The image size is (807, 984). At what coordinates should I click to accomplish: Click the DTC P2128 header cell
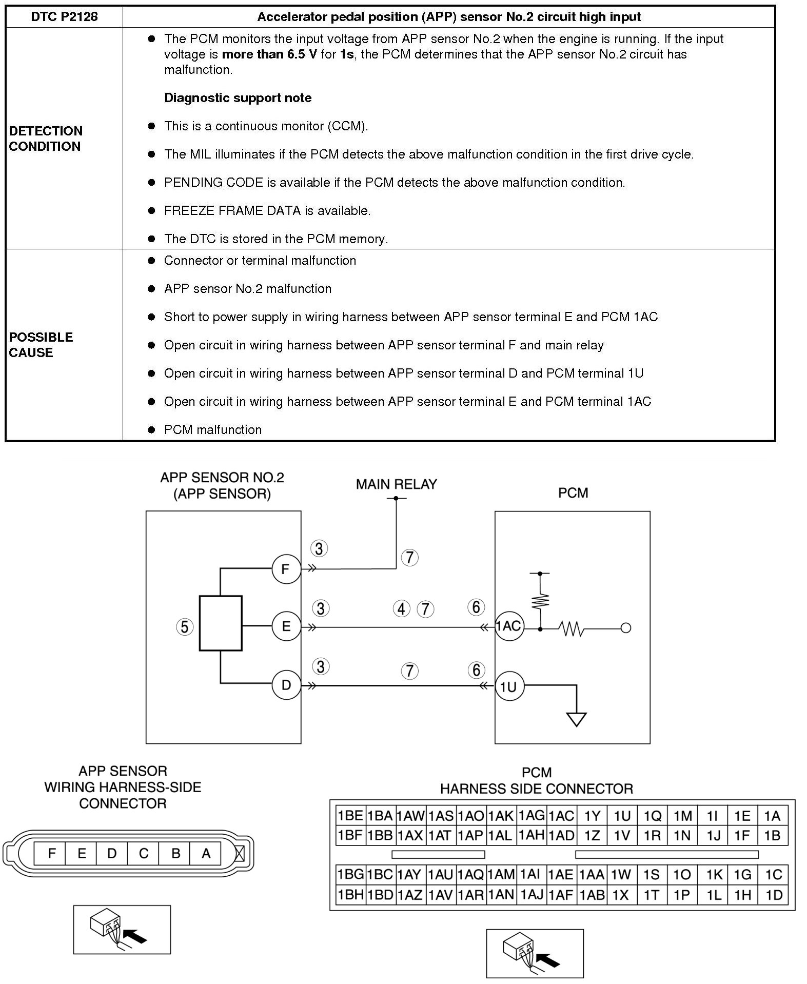click(64, 17)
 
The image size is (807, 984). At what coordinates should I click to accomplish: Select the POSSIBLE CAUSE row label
click(41, 345)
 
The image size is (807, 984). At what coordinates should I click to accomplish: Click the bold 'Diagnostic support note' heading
click(238, 98)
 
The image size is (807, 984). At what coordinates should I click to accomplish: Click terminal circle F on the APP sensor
click(286, 568)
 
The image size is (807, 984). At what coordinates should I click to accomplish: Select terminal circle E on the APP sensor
click(286, 626)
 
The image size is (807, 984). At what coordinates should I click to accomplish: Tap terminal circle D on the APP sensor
click(286, 685)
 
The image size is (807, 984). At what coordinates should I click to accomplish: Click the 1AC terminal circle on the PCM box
click(509, 626)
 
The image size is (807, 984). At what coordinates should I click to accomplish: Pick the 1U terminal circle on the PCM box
click(509, 686)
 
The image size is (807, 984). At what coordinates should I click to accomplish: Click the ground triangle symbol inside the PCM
click(577, 720)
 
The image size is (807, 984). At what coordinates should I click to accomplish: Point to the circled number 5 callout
click(185, 627)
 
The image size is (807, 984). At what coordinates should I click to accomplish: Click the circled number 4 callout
click(402, 609)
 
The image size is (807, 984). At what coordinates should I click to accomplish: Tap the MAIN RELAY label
click(396, 484)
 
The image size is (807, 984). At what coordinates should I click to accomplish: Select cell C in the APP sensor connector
click(144, 854)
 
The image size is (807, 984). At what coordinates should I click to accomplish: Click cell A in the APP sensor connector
click(206, 854)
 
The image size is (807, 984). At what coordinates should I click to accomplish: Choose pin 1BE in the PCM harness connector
click(350, 816)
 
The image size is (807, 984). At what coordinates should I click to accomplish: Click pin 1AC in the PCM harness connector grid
click(561, 816)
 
